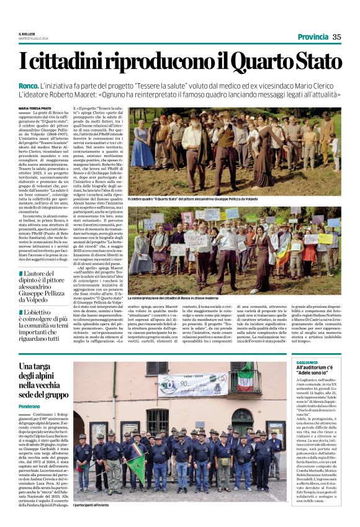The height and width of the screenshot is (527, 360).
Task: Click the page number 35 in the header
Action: click(x=337, y=37)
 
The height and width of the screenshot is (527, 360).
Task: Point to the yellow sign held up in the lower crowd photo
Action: click(x=324, y=238)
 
